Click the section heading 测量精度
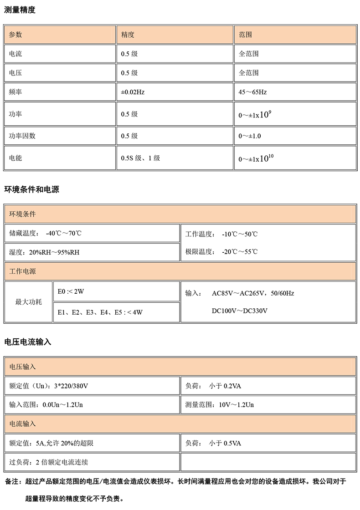coord(19,10)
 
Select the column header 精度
coord(128,35)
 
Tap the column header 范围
coord(246,35)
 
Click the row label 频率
coord(15,92)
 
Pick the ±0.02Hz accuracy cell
coord(133,92)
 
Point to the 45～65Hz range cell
coord(252,92)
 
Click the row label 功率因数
coord(22,136)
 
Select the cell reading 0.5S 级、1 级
coord(140,158)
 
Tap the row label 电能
coord(15,158)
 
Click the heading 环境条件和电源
coord(31,189)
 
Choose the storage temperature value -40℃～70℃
coord(64,234)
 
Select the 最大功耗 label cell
coord(28,302)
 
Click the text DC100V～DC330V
coord(239,311)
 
